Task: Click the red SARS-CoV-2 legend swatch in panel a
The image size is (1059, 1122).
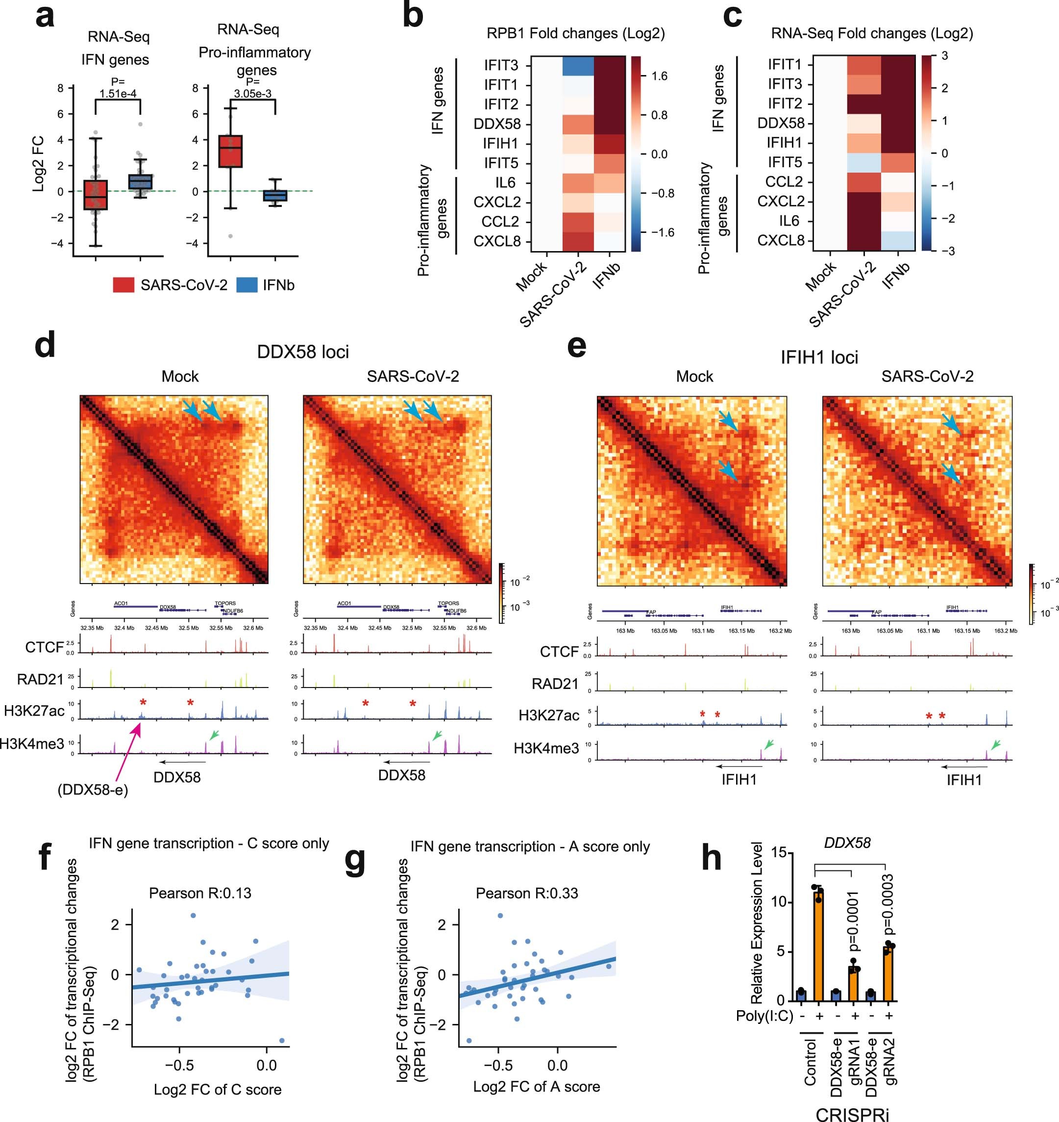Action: pos(123,285)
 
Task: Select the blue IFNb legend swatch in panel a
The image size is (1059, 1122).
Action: pos(246,285)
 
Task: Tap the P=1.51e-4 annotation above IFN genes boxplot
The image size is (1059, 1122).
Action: pos(118,88)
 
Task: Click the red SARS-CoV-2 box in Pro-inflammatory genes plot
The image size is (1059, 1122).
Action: pos(230,152)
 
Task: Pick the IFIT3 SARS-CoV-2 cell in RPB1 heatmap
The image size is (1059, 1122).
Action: pos(578,66)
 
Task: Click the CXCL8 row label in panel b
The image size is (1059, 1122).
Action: pos(497,242)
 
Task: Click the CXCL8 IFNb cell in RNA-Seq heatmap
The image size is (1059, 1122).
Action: pos(898,241)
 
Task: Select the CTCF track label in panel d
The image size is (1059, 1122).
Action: pos(44,647)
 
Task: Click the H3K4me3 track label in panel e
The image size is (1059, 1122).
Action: pos(546,748)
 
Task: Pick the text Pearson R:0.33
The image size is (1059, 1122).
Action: pos(527,893)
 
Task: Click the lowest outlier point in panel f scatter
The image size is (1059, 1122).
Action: pos(282,1041)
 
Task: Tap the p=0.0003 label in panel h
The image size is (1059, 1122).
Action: pos(888,904)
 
